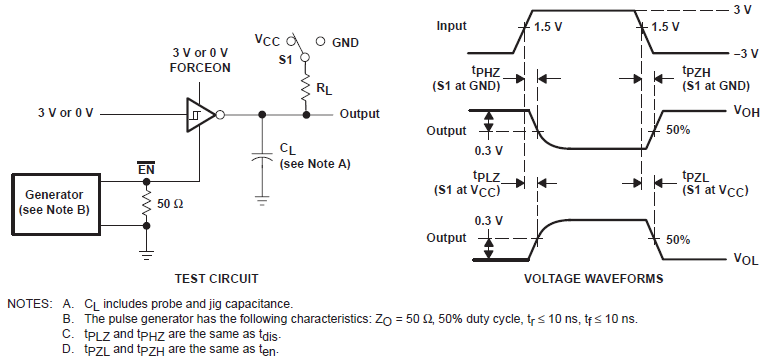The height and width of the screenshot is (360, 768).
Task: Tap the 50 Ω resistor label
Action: click(169, 204)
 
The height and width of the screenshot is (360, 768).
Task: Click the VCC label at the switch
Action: click(269, 42)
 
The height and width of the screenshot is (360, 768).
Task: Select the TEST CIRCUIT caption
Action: click(217, 279)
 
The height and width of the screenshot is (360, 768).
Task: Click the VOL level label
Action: click(745, 259)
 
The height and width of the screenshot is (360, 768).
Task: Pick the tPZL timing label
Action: click(671, 177)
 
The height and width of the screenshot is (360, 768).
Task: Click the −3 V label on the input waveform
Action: click(743, 53)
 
